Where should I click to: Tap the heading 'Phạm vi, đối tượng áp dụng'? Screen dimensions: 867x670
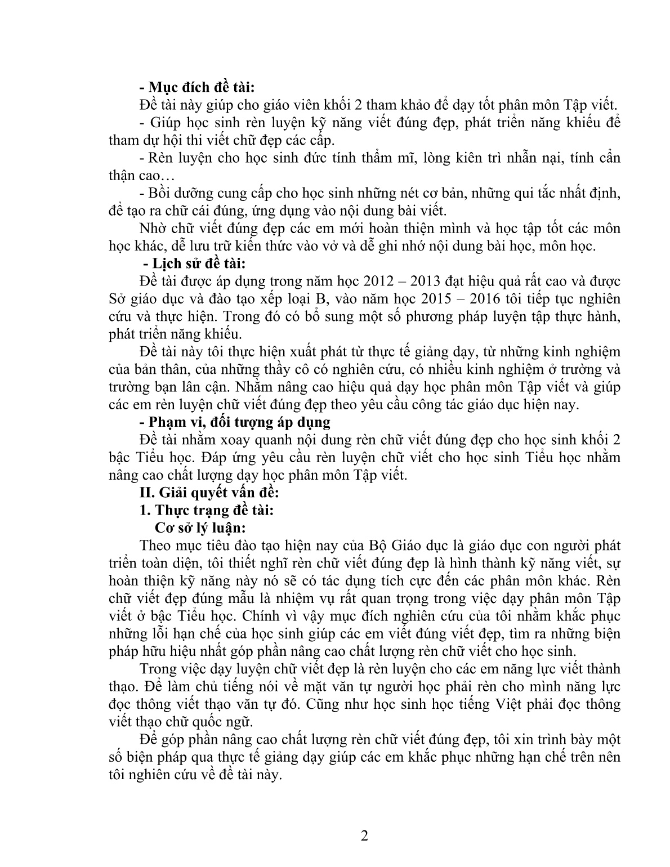235,422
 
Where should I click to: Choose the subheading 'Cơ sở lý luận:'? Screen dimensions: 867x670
200,528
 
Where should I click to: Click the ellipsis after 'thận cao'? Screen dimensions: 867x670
168,175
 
